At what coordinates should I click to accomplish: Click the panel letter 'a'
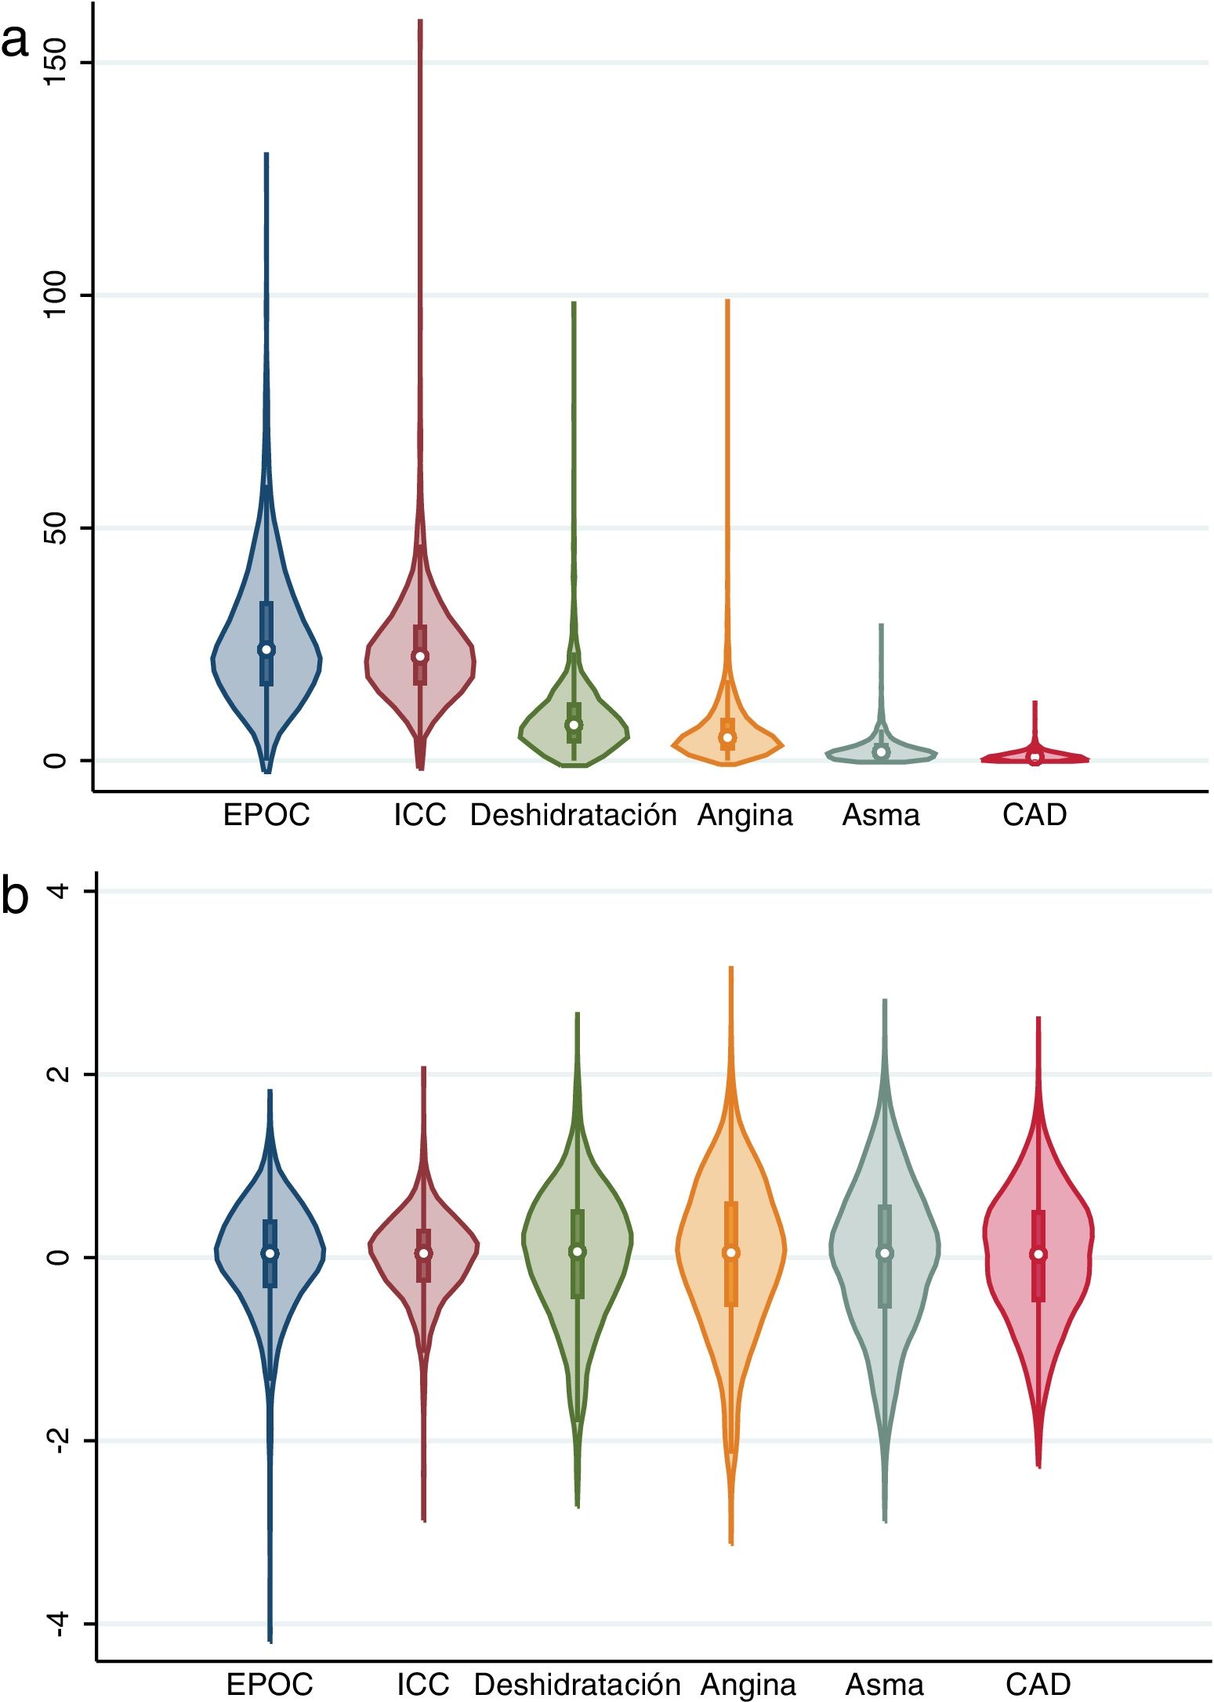point(15,42)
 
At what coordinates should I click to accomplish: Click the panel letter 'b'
point(15,896)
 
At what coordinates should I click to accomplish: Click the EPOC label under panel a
point(266,816)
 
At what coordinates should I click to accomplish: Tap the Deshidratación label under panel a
point(573,816)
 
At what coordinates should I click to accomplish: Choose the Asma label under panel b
point(885,1685)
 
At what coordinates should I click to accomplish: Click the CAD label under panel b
point(1038,1685)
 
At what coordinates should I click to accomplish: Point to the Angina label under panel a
point(745,816)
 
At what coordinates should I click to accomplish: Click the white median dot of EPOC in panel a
point(266,650)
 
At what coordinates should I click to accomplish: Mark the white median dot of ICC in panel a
point(420,657)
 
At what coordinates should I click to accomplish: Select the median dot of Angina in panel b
point(731,1253)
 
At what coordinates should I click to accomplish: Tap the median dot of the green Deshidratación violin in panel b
point(578,1251)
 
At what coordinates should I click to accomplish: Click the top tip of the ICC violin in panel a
point(420,20)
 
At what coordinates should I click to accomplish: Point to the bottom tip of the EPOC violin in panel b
point(270,1640)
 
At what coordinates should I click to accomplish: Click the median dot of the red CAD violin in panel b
point(1038,1254)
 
